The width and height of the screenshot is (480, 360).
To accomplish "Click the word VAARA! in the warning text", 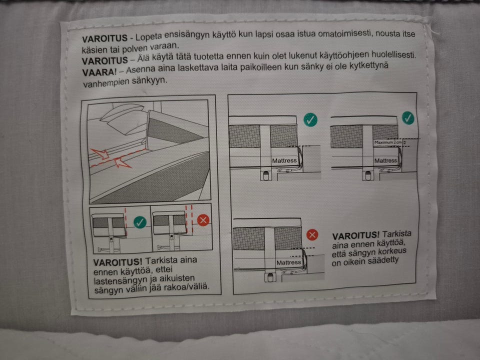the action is (x=99, y=72).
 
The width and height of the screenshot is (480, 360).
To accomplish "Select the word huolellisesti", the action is (x=393, y=55).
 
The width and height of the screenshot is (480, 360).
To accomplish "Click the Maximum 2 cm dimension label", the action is (x=388, y=142).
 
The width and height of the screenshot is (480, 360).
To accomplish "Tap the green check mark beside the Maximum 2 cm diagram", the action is (x=408, y=118).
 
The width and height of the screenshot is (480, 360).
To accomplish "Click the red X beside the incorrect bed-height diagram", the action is (x=312, y=235).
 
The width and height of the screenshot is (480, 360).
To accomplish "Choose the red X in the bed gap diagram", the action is (x=203, y=220).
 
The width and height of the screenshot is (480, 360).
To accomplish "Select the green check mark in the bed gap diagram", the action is (x=140, y=222).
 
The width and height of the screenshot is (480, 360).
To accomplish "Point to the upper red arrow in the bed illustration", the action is (x=98, y=153).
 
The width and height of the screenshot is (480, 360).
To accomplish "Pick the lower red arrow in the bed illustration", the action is (x=123, y=162).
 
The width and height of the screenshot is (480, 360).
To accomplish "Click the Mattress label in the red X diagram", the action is (x=288, y=262).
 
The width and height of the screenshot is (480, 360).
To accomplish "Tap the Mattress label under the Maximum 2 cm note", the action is (x=385, y=160).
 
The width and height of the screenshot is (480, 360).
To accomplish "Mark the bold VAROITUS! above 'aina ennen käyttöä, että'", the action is (x=355, y=235).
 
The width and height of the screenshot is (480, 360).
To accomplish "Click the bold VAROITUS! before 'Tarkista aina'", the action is (x=118, y=262).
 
